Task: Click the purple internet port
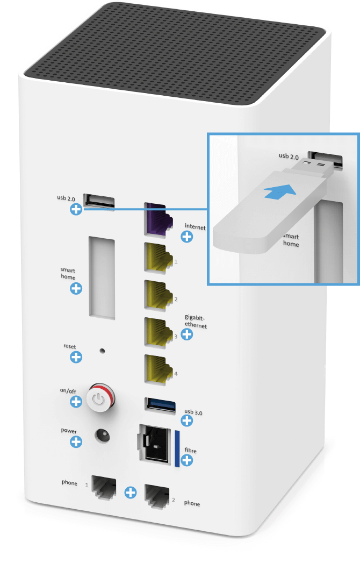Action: point(157,219)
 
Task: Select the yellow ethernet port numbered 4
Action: point(157,370)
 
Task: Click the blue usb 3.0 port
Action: point(160,405)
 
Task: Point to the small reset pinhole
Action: point(102,351)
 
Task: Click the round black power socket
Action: point(102,436)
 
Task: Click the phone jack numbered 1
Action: point(104,487)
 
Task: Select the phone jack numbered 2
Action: point(157,496)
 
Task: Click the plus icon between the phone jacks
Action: point(130,492)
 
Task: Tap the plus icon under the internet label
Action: point(186,237)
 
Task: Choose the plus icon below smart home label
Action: point(76,288)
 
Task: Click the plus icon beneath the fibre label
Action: point(186,460)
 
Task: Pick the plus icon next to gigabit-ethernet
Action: point(186,334)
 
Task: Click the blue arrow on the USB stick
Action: point(280,191)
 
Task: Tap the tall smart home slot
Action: point(102,278)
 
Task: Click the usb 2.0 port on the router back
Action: point(99,201)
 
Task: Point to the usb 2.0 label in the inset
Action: point(289,156)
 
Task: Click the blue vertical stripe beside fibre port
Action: point(177,448)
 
